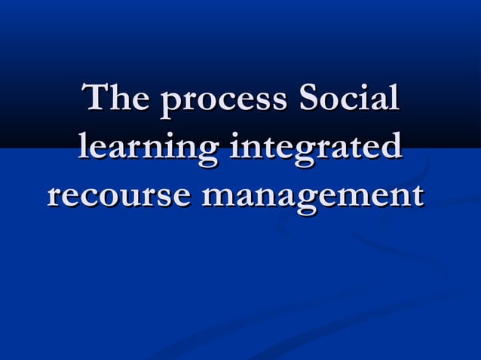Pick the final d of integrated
tap(391, 146)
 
